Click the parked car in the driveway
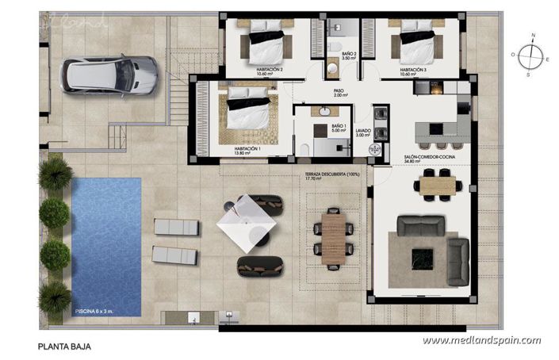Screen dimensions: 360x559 point(113,75)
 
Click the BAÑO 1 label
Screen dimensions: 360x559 point(339,129)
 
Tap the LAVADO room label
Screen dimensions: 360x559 point(364,132)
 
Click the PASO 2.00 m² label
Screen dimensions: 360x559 point(339,93)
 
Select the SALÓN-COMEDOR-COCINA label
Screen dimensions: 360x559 point(424,158)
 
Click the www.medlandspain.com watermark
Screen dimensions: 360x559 point(481,341)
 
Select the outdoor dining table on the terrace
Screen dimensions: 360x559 point(331,236)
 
